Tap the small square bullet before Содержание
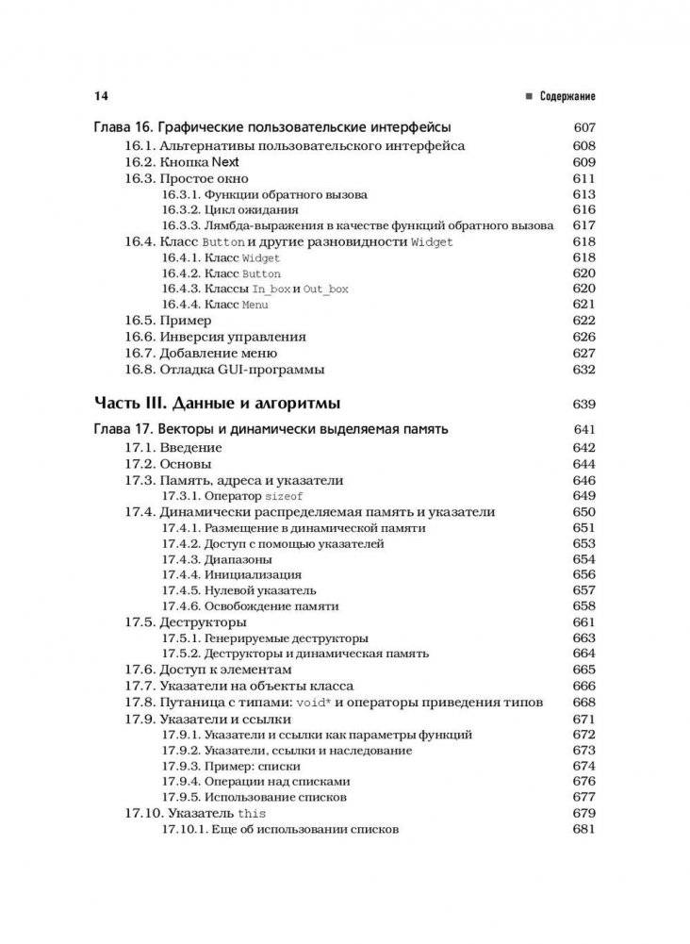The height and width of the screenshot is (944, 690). (x=530, y=96)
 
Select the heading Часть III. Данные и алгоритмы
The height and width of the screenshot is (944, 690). (x=217, y=404)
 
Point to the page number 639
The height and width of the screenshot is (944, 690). (x=584, y=404)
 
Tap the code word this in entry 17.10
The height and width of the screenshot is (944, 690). (x=253, y=813)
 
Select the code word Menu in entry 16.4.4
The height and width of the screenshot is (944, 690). (x=255, y=305)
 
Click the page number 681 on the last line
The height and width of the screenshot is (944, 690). (x=584, y=829)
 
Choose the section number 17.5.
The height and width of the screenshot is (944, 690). (x=140, y=622)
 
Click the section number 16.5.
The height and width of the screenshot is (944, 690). (x=140, y=321)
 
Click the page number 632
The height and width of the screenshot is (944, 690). (x=584, y=369)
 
